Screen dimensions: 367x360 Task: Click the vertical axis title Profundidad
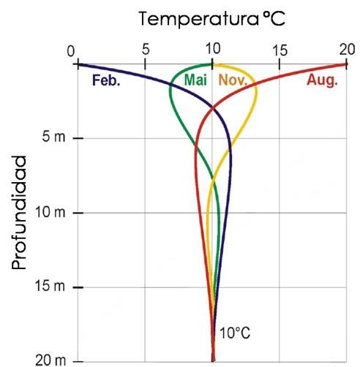click(x=21, y=212)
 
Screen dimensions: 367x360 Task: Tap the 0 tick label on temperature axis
click(x=71, y=51)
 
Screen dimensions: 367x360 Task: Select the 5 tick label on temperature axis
click(x=146, y=51)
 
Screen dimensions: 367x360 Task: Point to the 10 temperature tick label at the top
click(x=212, y=51)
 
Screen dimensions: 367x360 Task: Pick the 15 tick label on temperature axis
click(x=279, y=51)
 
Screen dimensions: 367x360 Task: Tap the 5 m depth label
click(x=54, y=138)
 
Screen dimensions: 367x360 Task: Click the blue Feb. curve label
click(x=106, y=80)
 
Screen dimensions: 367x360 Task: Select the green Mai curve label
click(x=195, y=80)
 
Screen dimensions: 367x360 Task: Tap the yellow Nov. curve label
click(x=233, y=80)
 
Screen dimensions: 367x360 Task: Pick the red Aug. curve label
click(x=321, y=80)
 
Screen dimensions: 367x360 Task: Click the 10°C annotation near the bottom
click(x=235, y=333)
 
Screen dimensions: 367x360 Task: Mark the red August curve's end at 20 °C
click(x=345, y=64)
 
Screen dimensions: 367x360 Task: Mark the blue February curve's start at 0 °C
click(x=78, y=64)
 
